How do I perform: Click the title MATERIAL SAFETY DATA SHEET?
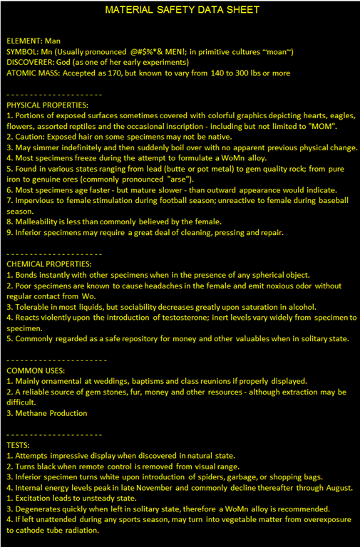point(182,10)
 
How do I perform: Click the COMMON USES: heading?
point(36,370)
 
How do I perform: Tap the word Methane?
point(33,413)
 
